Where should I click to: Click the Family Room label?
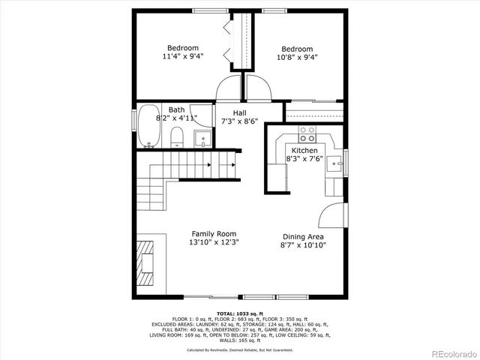click(214, 234)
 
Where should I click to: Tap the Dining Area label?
click(303, 236)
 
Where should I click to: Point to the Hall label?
click(239, 113)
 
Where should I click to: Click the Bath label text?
click(176, 109)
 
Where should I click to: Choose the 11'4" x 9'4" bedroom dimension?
click(182, 56)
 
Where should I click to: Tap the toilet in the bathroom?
click(177, 136)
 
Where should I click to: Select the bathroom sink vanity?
click(202, 138)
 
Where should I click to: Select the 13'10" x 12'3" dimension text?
click(214, 243)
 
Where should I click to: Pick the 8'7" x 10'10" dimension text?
click(303, 245)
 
